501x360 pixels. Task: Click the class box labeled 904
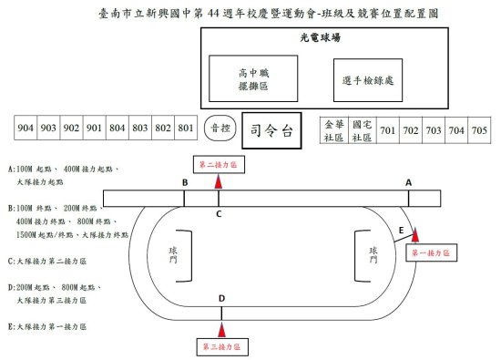[x=26, y=128]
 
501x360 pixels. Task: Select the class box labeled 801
[x=186, y=128]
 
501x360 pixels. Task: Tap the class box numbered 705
[x=479, y=130]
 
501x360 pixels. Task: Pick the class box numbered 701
[x=388, y=130]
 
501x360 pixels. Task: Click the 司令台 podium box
[x=271, y=130]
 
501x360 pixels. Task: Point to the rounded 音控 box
[x=220, y=129]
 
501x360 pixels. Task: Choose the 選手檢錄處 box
[x=368, y=80]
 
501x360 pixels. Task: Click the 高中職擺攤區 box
[x=253, y=78]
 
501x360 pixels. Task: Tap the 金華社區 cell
[x=334, y=130]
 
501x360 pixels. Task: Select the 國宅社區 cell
[x=363, y=130]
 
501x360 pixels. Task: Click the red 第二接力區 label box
[x=219, y=165]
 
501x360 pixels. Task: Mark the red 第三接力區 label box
[x=222, y=347]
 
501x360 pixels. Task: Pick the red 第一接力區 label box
[x=432, y=252]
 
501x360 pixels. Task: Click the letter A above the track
[x=408, y=182]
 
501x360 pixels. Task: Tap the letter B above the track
[x=185, y=182]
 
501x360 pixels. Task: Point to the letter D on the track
[x=221, y=298]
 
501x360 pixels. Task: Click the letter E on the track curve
[x=401, y=231]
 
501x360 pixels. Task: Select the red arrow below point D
[x=221, y=330]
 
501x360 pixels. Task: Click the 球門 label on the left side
[x=173, y=255]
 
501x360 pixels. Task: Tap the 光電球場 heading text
[x=320, y=37]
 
